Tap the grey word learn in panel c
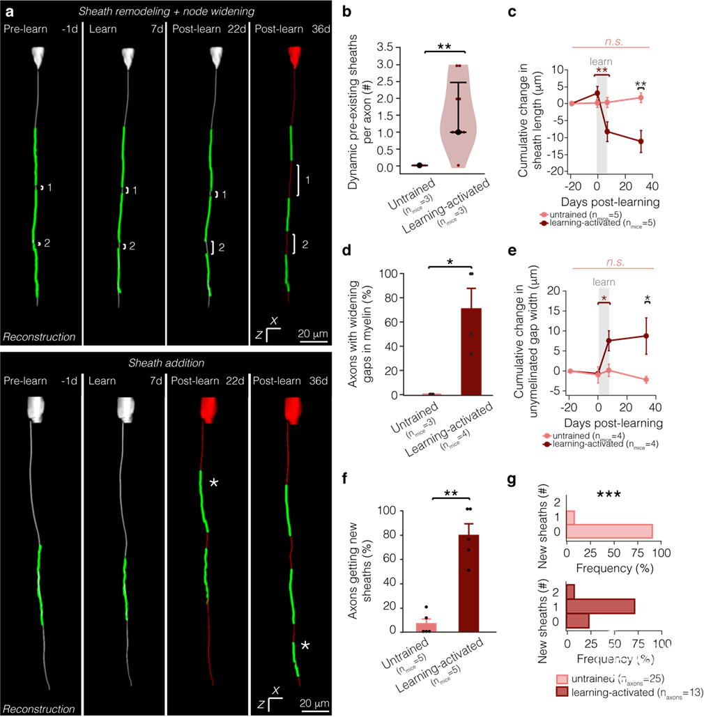[x=602, y=61]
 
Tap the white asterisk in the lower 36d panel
[x=305, y=646]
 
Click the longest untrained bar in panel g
[x=609, y=531]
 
